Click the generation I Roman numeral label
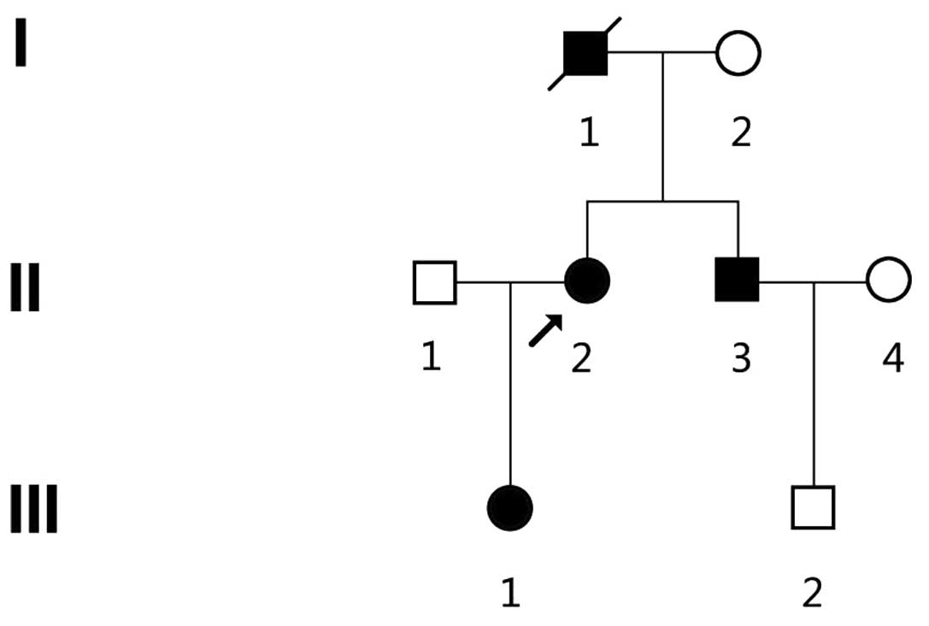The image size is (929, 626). pyautogui.click(x=21, y=45)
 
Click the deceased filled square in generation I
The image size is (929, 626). pyautogui.click(x=585, y=53)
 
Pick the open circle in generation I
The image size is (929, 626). pyautogui.click(x=738, y=53)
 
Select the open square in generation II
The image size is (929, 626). pyautogui.click(x=434, y=281)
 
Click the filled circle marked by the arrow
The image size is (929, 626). pyautogui.click(x=587, y=281)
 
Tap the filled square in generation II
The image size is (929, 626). pyautogui.click(x=737, y=281)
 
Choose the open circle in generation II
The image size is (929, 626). pyautogui.click(x=888, y=281)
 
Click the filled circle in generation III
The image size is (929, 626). pyautogui.click(x=510, y=508)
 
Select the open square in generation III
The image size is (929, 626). pyautogui.click(x=812, y=508)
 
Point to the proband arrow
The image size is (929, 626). pyautogui.click(x=546, y=330)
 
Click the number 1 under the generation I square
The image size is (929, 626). pyautogui.click(x=589, y=133)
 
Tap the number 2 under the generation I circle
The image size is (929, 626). pyautogui.click(x=740, y=133)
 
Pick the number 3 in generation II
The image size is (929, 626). pyautogui.click(x=740, y=358)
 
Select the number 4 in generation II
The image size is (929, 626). pyautogui.click(x=891, y=358)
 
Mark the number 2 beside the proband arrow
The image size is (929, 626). pyautogui.click(x=581, y=358)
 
